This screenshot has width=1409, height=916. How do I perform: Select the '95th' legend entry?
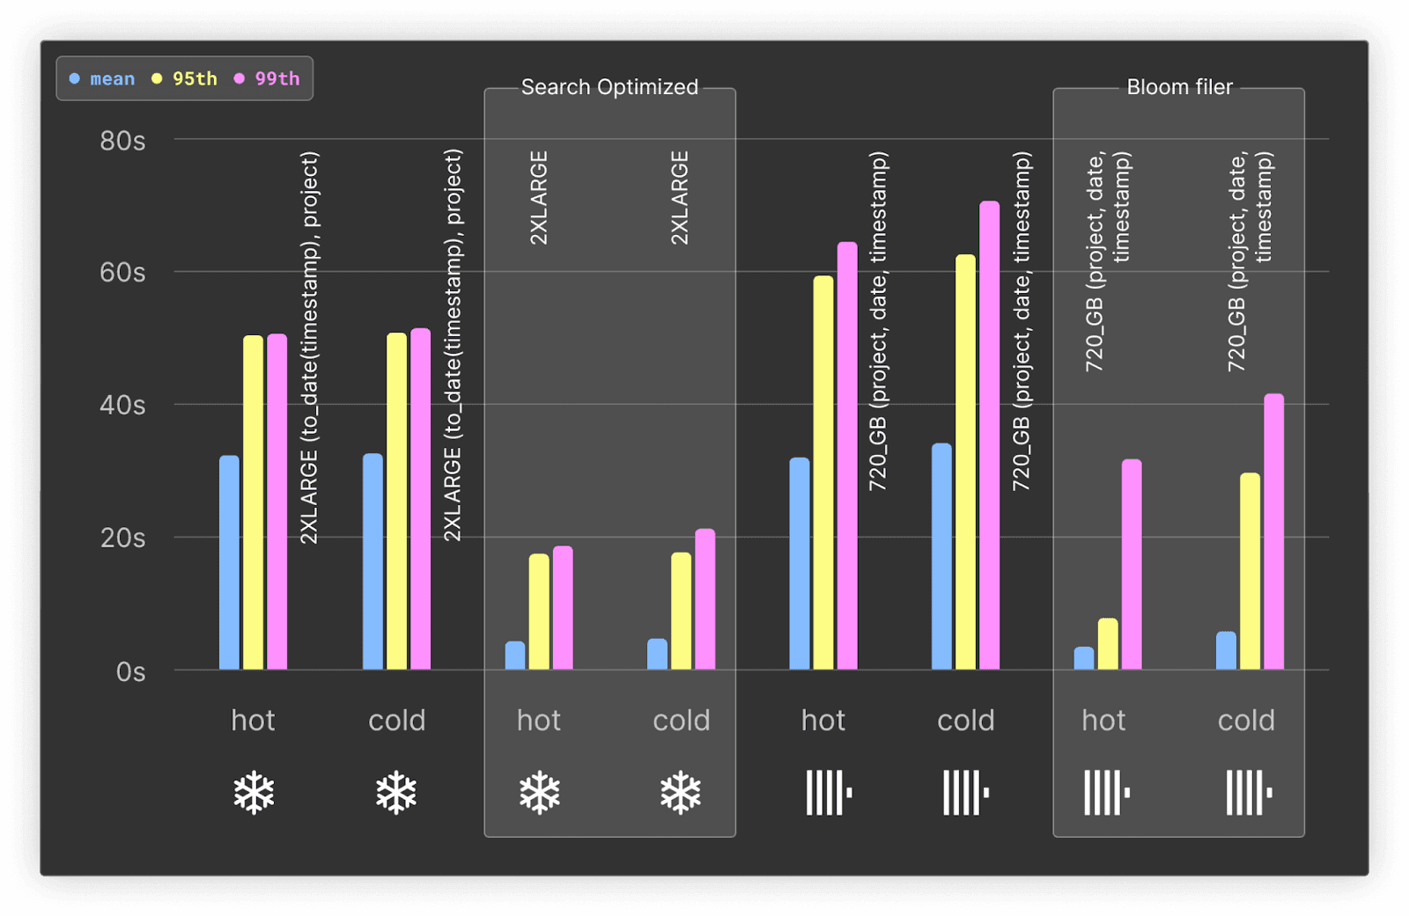(184, 78)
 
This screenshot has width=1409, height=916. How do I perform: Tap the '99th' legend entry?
(267, 78)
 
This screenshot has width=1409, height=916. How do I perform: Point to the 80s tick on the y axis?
(122, 141)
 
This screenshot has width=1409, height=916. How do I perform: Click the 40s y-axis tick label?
(122, 405)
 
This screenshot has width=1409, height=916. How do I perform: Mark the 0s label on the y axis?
(131, 671)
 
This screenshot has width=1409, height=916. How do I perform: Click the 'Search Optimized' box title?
(609, 87)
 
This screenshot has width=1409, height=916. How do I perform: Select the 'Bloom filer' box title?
(1179, 87)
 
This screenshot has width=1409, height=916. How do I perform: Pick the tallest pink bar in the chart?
(990, 435)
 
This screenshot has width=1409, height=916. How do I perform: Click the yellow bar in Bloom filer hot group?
(1109, 644)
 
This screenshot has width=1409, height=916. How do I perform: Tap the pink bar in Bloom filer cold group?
(1273, 531)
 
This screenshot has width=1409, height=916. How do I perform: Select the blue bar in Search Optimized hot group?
(515, 655)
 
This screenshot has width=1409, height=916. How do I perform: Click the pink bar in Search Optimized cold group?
(705, 599)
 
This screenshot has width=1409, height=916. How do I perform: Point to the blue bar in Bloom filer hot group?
(1084, 658)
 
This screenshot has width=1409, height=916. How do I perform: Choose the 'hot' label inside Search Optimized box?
(538, 721)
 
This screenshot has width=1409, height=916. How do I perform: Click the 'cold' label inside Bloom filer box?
(1246, 721)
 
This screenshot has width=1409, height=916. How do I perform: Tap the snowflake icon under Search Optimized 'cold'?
(681, 792)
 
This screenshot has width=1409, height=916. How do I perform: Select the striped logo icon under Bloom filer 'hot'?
(1107, 793)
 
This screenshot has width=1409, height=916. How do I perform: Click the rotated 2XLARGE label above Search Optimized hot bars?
(539, 197)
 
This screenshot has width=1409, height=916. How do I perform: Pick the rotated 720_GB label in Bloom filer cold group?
(1250, 261)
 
